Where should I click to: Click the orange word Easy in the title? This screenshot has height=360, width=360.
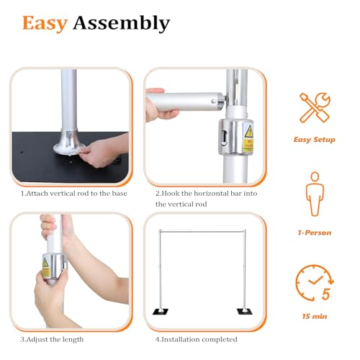[x=45, y=23]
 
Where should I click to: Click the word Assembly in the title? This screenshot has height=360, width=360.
[x=122, y=23]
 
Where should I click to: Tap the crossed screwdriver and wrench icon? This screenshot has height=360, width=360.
[x=315, y=108]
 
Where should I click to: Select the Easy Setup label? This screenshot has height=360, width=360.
[x=315, y=140]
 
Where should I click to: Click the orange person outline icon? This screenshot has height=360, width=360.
[x=315, y=194]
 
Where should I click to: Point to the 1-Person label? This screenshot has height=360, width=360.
[x=315, y=233]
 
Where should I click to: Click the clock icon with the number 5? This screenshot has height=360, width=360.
[x=315, y=283]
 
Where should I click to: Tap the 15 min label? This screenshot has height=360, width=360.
[x=315, y=316]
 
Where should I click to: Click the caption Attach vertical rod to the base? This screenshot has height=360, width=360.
[x=74, y=194]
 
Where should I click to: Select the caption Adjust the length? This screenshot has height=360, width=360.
[x=52, y=339]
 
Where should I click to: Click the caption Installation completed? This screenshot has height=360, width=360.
[x=197, y=339]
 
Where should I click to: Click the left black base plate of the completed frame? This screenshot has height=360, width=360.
[x=161, y=312]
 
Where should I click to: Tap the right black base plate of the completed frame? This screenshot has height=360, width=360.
[x=245, y=312]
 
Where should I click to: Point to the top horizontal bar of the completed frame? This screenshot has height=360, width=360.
[x=202, y=232]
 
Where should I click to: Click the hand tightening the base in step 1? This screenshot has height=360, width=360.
[x=103, y=151]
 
